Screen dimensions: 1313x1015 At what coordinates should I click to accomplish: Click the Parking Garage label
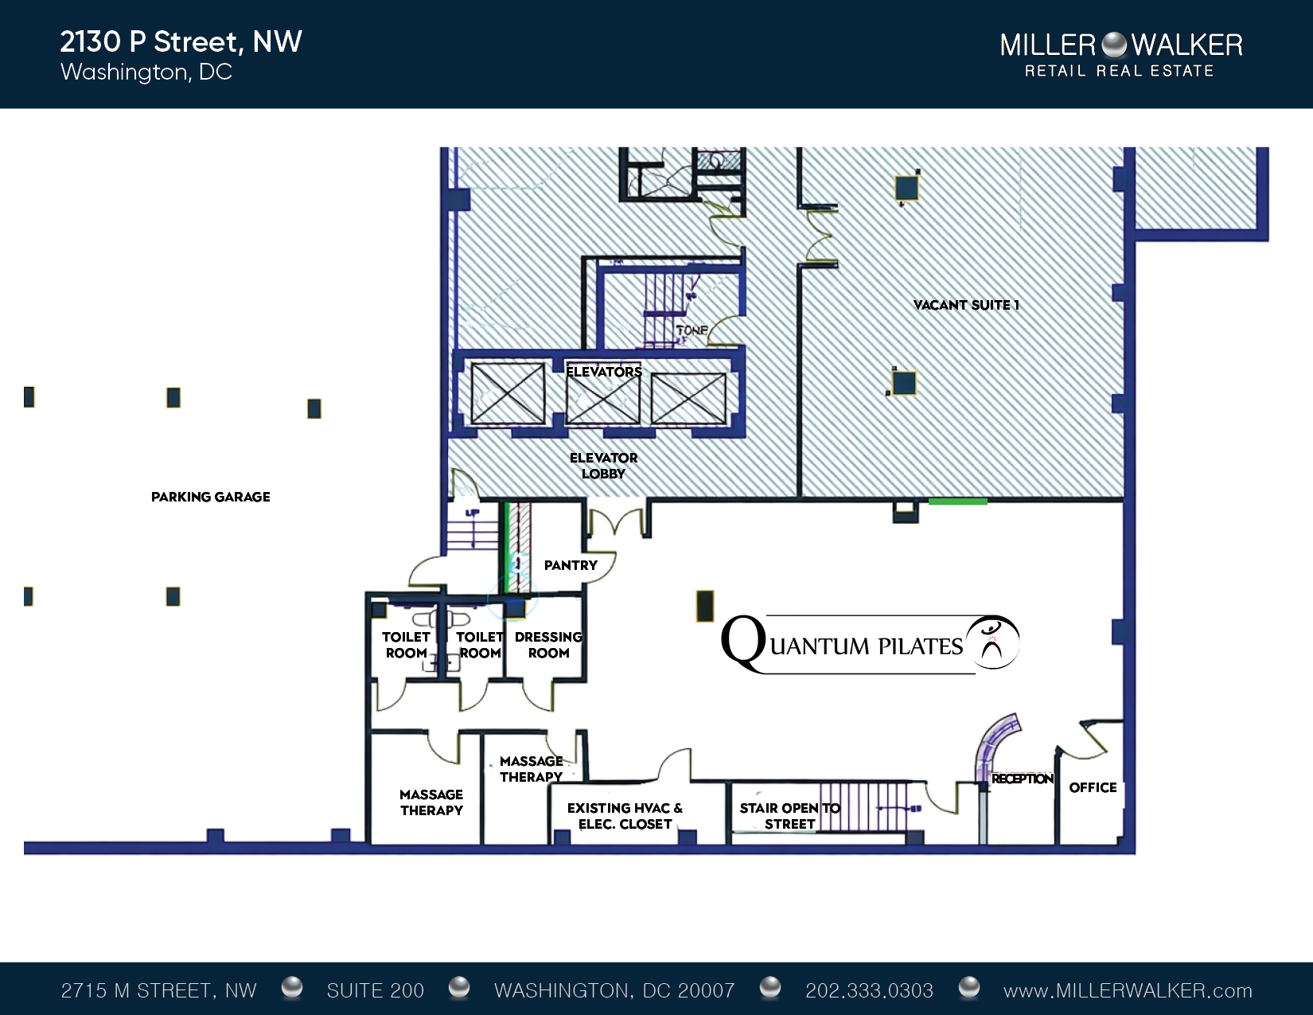coord(210,497)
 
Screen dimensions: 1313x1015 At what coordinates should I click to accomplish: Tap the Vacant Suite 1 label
coord(966,305)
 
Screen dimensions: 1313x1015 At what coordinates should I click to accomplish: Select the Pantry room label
coord(571,565)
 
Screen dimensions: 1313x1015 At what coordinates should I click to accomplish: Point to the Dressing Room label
coord(548,645)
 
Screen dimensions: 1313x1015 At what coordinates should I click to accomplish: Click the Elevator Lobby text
coord(604,466)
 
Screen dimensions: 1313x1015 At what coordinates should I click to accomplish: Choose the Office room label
coord(1093,787)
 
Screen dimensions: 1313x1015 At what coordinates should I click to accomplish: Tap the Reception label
coord(1023,779)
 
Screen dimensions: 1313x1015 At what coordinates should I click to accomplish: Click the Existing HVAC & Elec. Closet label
coord(625,816)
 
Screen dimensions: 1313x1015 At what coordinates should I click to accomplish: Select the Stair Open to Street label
coord(789,816)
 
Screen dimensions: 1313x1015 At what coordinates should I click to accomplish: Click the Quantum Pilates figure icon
coord(992,642)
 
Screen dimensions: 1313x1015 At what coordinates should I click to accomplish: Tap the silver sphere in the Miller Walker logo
coord(1113,45)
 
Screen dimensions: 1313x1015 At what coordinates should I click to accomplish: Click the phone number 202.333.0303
coord(869,990)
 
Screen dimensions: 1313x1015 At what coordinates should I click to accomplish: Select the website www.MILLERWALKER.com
coord(1128,990)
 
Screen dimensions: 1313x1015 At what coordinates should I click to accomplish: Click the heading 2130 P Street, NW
coord(181,42)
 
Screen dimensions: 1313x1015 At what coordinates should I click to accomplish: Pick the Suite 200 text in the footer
coord(376,990)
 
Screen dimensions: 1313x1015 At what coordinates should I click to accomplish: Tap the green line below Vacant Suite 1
coord(958,502)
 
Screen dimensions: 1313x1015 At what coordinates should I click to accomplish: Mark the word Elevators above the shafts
coord(604,372)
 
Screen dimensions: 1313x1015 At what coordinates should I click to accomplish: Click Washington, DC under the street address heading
coord(146,72)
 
